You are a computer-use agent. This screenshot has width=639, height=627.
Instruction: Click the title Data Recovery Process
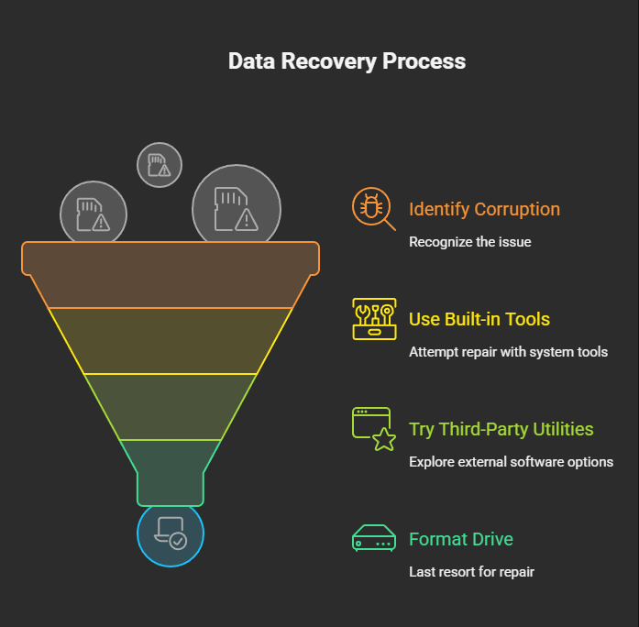pos(347,61)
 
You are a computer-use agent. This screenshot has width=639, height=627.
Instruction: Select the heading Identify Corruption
pos(484,209)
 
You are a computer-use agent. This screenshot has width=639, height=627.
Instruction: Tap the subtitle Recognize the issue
pos(469,242)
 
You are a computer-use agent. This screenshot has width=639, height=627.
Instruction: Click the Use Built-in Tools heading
pos(479,319)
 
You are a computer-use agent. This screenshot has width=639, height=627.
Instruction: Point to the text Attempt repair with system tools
pos(508,352)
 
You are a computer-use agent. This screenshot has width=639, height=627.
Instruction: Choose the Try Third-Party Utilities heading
pos(501,429)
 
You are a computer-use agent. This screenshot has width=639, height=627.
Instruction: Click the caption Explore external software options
pos(511,462)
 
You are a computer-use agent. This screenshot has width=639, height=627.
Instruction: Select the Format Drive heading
pos(460,539)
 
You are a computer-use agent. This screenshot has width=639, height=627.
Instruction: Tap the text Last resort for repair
pos(471,572)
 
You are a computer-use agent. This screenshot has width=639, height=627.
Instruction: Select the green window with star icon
pos(374,429)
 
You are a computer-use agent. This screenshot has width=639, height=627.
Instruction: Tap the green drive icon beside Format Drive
pos(374,539)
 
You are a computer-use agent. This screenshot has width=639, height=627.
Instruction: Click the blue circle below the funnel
pos(171,534)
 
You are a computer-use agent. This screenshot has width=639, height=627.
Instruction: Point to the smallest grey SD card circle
pos(160,165)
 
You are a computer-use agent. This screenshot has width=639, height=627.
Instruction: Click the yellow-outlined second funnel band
pos(171,341)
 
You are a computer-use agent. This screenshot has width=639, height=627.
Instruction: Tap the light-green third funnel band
pos(171,407)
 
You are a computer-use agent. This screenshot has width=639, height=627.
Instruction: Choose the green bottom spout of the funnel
pos(171,472)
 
